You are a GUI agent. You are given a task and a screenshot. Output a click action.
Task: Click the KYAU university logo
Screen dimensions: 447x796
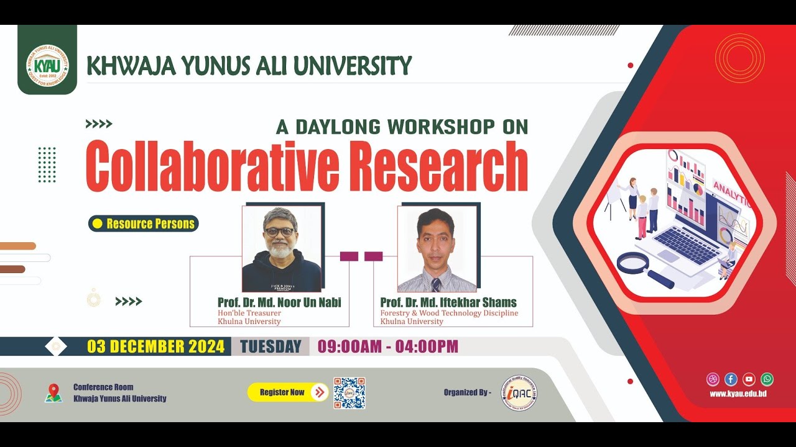pos(47,65)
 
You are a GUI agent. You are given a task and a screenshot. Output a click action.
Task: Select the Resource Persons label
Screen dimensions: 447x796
pos(144,223)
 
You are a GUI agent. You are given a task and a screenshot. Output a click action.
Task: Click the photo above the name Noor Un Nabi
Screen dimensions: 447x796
pos(282,248)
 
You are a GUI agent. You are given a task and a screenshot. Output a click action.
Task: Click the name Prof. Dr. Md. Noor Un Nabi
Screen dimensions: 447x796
pos(279,302)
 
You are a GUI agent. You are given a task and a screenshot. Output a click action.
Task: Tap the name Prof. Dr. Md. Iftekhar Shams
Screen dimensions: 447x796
pos(448,302)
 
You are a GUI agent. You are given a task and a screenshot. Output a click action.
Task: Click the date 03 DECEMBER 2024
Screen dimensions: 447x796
pos(155,346)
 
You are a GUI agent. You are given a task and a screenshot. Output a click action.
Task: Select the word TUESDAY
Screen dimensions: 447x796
pos(271,346)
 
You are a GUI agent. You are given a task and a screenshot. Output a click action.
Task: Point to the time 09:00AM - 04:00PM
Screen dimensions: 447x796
pos(388,346)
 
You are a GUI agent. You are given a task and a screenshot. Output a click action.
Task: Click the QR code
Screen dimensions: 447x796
pos(349,393)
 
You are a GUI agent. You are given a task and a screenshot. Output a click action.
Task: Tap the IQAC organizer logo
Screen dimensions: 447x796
pos(519,393)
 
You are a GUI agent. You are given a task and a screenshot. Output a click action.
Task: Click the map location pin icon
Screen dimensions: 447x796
pos(54,393)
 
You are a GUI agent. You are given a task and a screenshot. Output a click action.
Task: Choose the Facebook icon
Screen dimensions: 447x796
pos(731,379)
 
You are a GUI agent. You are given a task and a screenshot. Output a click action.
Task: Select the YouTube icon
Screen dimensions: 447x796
pos(749,379)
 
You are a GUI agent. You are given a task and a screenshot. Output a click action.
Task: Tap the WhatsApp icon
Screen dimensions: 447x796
pos(767,379)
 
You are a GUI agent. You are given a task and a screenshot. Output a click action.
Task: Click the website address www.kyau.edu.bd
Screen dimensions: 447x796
pos(738,394)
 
